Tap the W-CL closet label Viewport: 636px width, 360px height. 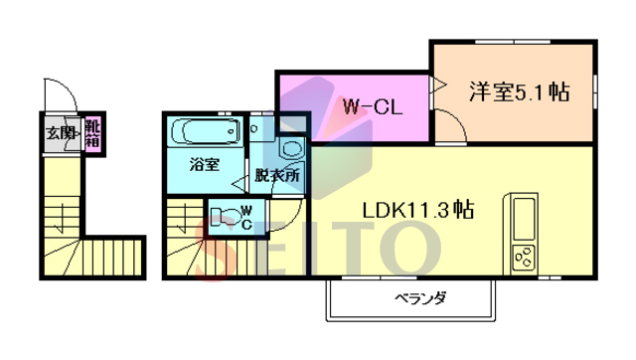coord(371,106)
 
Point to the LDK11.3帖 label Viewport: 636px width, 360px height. coord(416,210)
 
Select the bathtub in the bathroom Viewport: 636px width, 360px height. coord(204,131)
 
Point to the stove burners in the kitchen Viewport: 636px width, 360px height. coord(523,262)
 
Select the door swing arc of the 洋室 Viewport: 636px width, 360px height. coord(449,124)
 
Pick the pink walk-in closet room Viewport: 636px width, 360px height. coord(353,106)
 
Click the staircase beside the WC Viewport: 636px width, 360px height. coord(183,239)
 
